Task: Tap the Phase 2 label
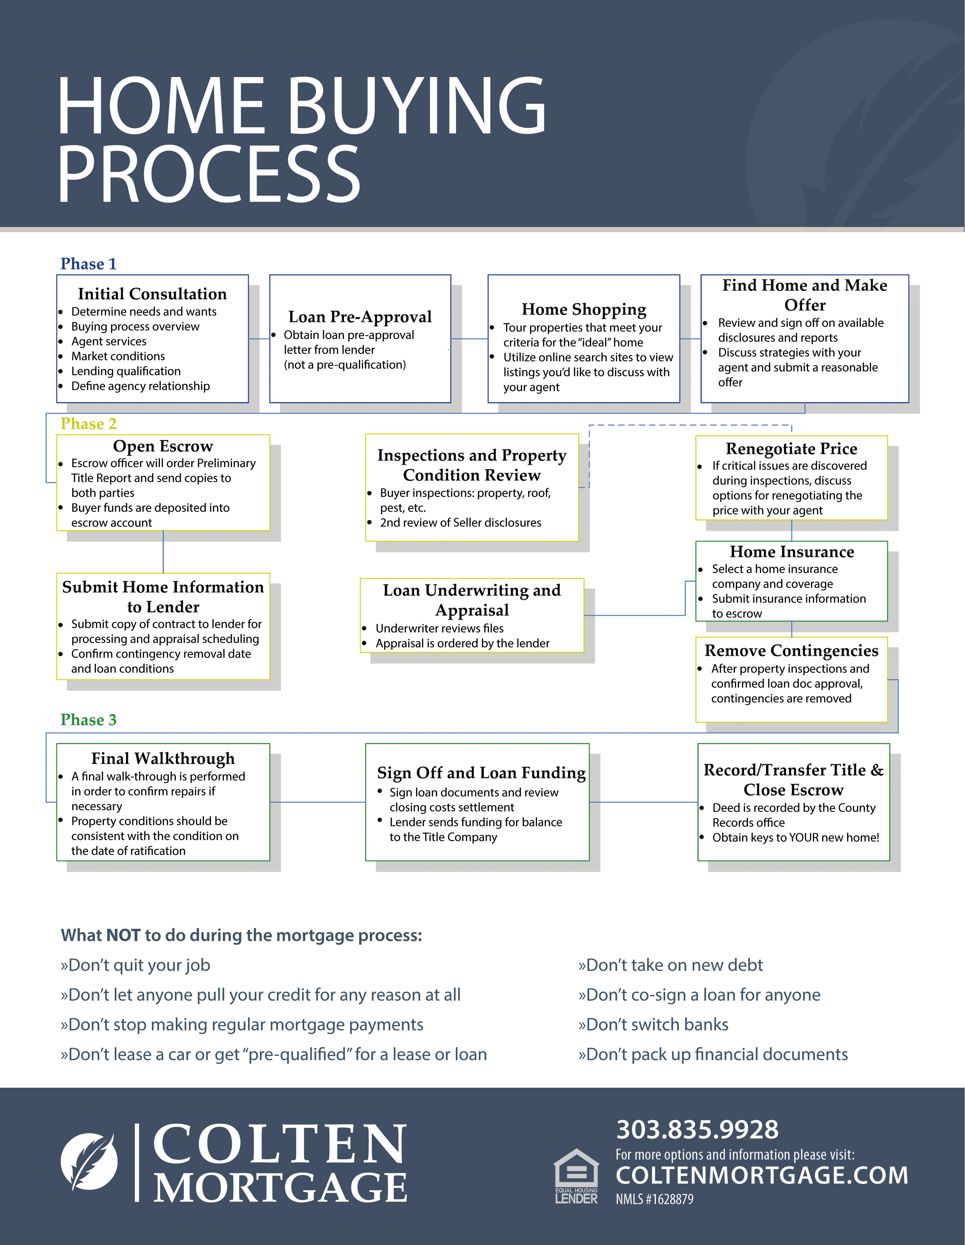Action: pyautogui.click(x=88, y=424)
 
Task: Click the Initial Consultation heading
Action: pyautogui.click(x=152, y=294)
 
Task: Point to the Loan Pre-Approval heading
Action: pyautogui.click(x=360, y=317)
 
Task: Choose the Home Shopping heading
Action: pyautogui.click(x=584, y=309)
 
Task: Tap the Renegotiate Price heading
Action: pyautogui.click(x=791, y=449)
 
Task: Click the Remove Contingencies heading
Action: pyautogui.click(x=791, y=650)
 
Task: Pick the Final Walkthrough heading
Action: pyautogui.click(x=163, y=758)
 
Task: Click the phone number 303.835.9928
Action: pyautogui.click(x=697, y=1129)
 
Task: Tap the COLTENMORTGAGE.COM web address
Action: pyautogui.click(x=761, y=1175)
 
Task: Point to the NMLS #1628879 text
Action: pyautogui.click(x=654, y=1199)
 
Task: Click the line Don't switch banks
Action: pyautogui.click(x=653, y=1024)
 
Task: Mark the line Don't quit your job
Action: pyautogui.click(x=136, y=965)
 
